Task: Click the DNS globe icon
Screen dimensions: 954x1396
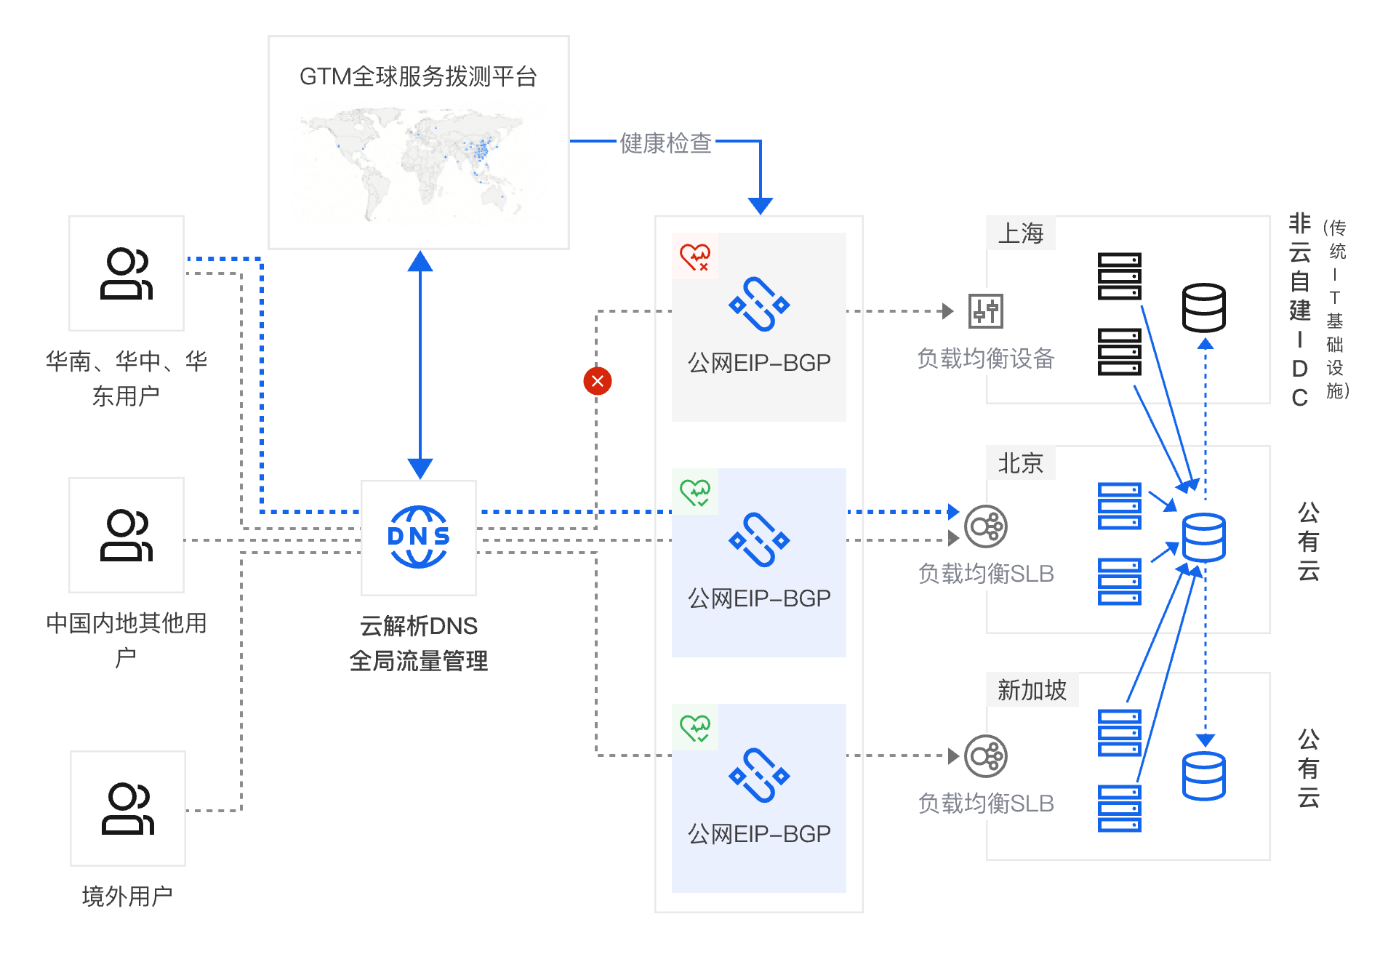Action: (x=418, y=537)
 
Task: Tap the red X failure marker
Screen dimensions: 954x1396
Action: (x=597, y=381)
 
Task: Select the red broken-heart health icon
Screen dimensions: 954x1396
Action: (x=695, y=257)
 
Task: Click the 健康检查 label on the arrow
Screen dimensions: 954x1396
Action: (x=665, y=143)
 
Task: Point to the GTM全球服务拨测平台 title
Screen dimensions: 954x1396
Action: (x=418, y=76)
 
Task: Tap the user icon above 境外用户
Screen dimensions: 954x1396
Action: (x=127, y=808)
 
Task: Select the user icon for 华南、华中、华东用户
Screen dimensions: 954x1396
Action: (x=126, y=273)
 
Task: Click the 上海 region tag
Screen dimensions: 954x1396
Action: (x=1020, y=233)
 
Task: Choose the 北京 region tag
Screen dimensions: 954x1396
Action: (x=1020, y=463)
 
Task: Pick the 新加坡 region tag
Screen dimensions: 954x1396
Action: (x=1031, y=689)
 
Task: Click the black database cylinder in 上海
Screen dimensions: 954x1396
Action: (x=1203, y=308)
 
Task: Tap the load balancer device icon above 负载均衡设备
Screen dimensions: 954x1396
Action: (x=985, y=311)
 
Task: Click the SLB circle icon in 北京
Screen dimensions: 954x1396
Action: (x=985, y=526)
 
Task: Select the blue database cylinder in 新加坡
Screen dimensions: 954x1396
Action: (x=1203, y=777)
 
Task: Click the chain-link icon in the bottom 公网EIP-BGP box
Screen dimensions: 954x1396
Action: (x=758, y=775)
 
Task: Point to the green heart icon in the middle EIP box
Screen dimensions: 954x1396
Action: (x=695, y=492)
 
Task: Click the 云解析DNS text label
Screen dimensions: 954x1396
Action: (x=418, y=625)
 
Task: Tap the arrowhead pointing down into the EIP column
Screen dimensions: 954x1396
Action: (x=760, y=206)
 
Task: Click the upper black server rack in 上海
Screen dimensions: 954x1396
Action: (x=1119, y=276)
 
